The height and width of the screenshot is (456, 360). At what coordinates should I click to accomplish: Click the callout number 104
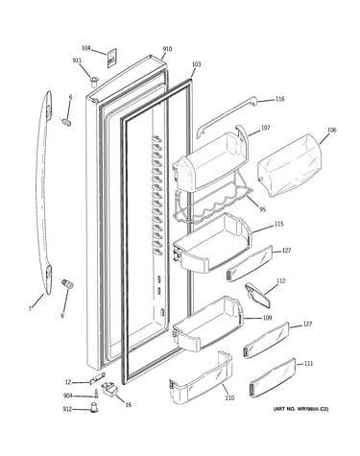85,48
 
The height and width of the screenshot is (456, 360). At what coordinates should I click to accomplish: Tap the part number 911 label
77,60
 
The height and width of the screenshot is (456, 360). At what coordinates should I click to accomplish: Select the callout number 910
167,49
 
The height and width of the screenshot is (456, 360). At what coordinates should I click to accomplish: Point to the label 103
196,64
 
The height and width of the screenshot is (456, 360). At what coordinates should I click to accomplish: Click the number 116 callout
279,99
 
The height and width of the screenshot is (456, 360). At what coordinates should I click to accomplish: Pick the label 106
332,131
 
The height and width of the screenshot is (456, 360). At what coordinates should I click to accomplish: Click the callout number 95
262,210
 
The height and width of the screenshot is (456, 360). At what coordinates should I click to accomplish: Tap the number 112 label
281,281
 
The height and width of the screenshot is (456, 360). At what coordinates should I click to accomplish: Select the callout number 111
308,364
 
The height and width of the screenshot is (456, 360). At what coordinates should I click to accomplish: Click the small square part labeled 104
111,59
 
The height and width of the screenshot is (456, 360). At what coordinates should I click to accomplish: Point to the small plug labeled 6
66,122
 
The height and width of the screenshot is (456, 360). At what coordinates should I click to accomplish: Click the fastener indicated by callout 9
68,283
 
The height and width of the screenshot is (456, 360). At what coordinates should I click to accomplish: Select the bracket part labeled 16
109,390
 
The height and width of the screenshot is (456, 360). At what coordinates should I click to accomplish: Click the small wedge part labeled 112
256,294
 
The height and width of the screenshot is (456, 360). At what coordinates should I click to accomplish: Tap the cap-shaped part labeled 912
93,408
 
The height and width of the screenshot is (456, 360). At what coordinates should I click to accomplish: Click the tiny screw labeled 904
96,394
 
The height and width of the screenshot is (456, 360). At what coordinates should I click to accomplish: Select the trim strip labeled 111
273,378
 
